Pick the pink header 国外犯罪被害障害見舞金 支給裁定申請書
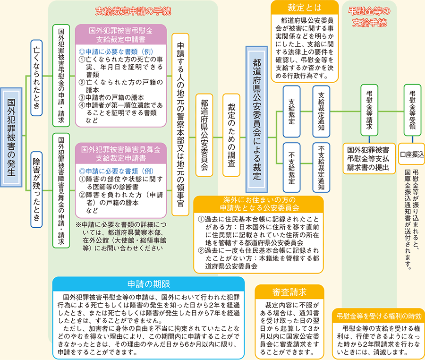click(x=120, y=152)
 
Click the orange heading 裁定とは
click(x=305, y=8)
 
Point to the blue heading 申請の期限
click(x=148, y=283)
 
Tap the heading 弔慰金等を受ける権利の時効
click(x=380, y=316)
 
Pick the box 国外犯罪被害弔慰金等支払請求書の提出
click(x=368, y=154)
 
